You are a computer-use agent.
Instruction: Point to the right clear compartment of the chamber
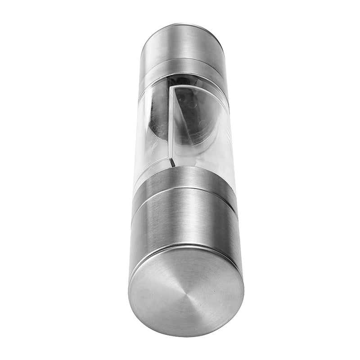202,135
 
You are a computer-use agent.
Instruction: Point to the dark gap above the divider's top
178,81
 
